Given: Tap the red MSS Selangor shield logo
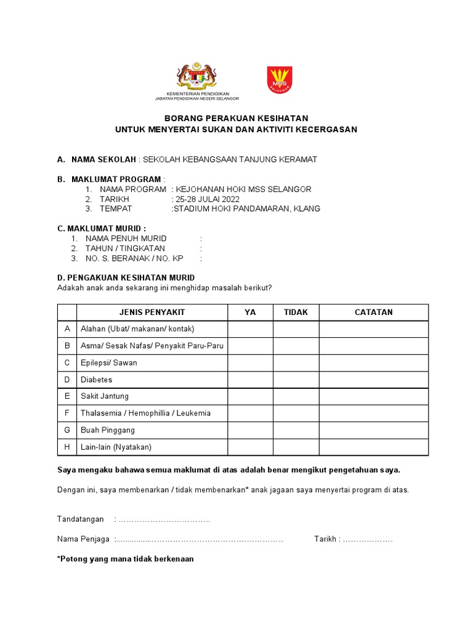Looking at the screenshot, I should pyautogui.click(x=279, y=79).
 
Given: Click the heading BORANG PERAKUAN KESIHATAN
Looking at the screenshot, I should pyautogui.click(x=236, y=118).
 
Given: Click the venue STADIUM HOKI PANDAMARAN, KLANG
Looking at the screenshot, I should pyautogui.click(x=246, y=209).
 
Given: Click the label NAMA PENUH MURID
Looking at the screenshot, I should pyautogui.click(x=126, y=238).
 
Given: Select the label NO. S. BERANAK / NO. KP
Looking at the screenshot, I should pyautogui.click(x=134, y=258).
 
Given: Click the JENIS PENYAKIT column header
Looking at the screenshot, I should pyautogui.click(x=152, y=313).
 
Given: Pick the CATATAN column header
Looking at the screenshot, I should pyautogui.click(x=373, y=313).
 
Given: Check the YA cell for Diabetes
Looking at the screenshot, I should pyautogui.click(x=250, y=380).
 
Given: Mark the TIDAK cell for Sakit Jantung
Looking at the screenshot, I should pyautogui.click(x=296, y=396).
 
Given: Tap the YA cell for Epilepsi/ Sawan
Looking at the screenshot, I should pyautogui.click(x=250, y=363).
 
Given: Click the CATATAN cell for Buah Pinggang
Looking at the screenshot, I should pyautogui.click(x=373, y=430).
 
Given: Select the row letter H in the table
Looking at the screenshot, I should pyautogui.click(x=67, y=447).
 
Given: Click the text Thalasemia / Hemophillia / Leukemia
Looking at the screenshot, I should pyautogui.click(x=145, y=413).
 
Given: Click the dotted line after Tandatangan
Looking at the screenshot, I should pyautogui.click(x=164, y=519).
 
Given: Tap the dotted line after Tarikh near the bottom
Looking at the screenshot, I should pyautogui.click(x=367, y=540).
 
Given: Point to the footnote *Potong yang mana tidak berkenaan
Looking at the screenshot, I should pyautogui.click(x=125, y=559).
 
